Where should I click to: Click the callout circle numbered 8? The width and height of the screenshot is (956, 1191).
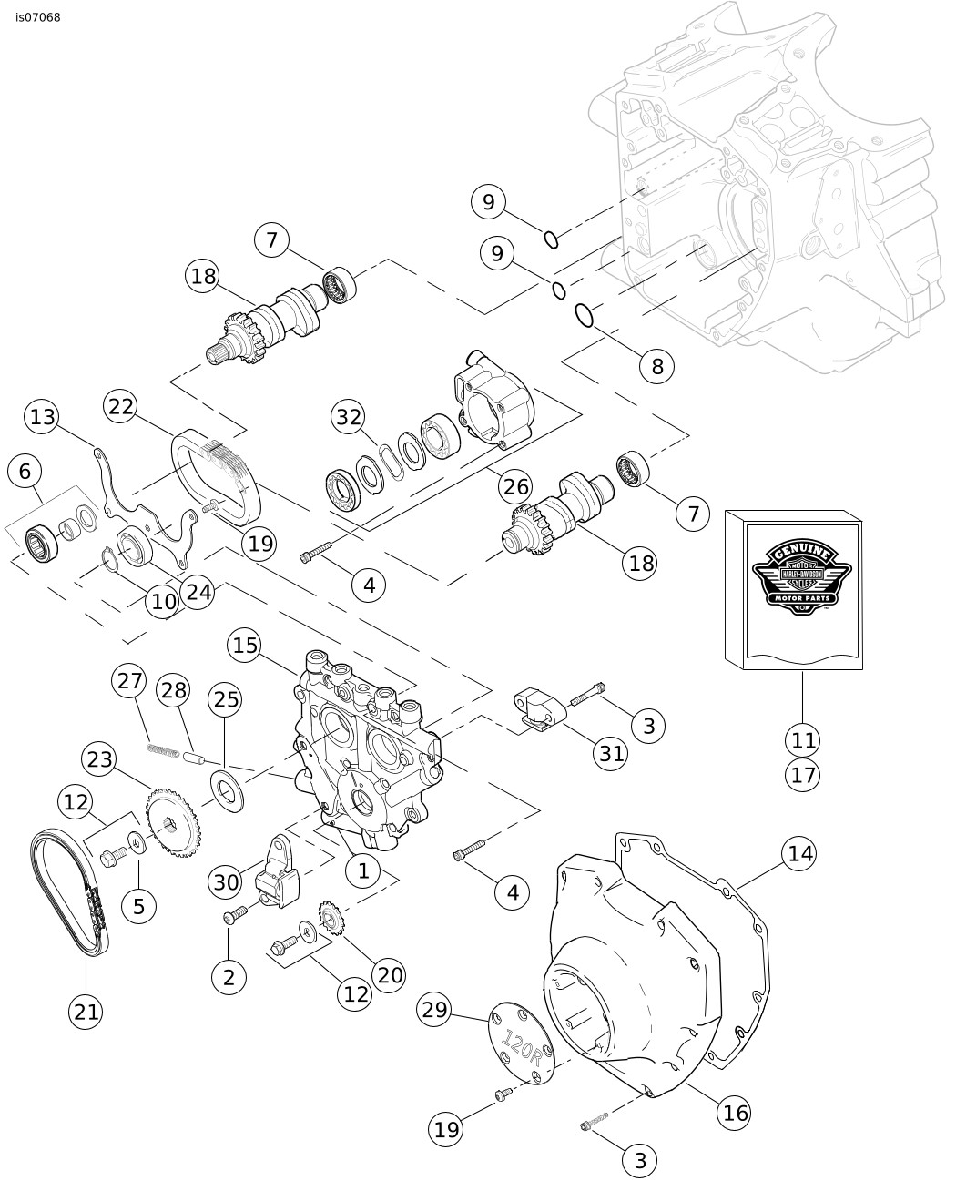click(656, 365)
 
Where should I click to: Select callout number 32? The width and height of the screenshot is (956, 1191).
click(349, 416)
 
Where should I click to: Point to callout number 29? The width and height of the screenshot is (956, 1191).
click(435, 1009)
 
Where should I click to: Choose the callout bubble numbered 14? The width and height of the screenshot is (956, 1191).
click(800, 853)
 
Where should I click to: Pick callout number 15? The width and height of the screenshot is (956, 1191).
click(245, 646)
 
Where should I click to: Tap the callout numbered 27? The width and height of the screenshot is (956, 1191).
click(129, 680)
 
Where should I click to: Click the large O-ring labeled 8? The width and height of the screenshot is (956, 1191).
click(585, 315)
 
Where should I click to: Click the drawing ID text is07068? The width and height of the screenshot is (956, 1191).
click(38, 16)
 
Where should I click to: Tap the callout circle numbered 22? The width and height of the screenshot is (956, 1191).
click(121, 407)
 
